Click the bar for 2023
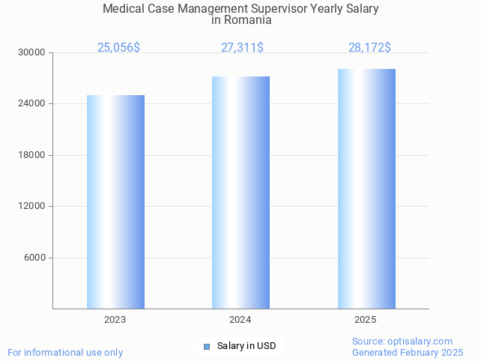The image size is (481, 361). [115, 201]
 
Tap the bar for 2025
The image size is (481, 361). [366, 188]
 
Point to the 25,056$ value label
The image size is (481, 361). [118, 47]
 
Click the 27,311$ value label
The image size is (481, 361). [242, 47]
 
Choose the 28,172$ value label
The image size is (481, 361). [369, 47]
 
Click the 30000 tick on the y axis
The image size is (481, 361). [32, 52]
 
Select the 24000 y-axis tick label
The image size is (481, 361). [32, 104]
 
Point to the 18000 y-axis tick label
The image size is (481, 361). [32, 155]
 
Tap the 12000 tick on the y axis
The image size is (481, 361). [32, 207]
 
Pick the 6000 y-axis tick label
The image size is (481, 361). [34, 258]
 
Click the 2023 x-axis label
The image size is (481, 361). [115, 320]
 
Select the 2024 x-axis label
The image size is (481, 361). [240, 320]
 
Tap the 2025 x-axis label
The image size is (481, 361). [366, 320]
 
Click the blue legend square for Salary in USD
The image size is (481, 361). [207, 346]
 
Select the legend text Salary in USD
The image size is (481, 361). [246, 346]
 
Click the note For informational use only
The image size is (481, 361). [65, 352]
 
